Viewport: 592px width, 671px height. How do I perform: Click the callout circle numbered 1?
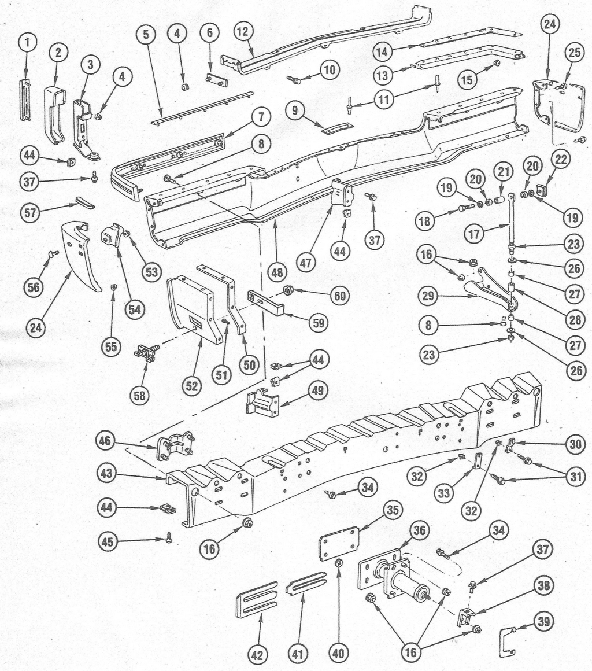point(27,42)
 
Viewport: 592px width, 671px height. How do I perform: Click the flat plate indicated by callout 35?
point(339,543)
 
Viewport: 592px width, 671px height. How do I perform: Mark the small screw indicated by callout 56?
point(53,253)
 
